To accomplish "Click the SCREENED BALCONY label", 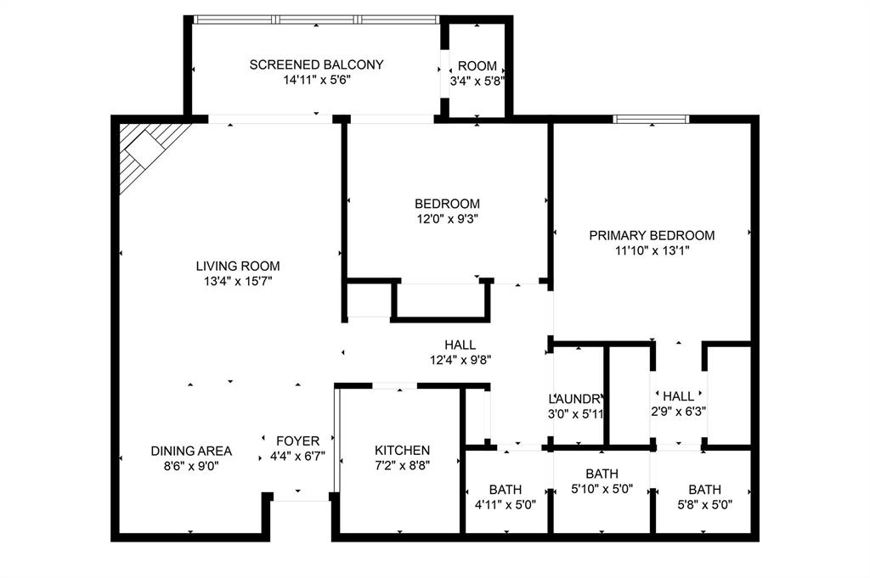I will coord(316,65).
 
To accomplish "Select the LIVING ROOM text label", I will coord(237,266).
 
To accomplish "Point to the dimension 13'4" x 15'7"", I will coord(237,280).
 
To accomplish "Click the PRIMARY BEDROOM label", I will coord(652,235).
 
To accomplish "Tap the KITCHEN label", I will coord(403,450).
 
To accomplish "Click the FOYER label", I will coord(297,441).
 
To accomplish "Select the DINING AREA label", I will coord(191,451).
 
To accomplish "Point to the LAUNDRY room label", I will coord(577,399).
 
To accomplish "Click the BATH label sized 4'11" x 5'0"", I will coord(506,490).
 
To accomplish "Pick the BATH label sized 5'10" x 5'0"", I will coord(602,474).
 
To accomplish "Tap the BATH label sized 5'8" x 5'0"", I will coord(704,490).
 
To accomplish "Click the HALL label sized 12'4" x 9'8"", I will coord(460,345).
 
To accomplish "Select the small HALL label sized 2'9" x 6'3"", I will coord(678,396).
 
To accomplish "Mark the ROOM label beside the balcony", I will coord(477,66).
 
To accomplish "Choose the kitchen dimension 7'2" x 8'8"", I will coord(403,464).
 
